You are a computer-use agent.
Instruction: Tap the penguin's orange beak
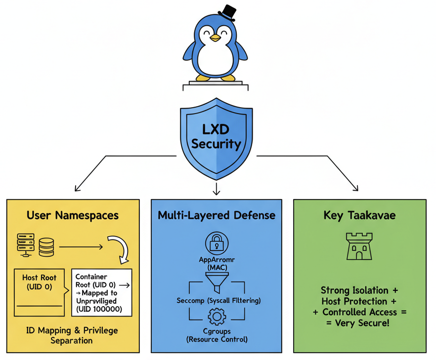click(x=215, y=38)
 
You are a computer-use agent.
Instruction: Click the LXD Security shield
click(x=216, y=138)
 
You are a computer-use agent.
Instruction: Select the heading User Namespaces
click(x=73, y=215)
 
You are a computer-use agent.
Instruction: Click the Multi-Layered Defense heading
click(x=217, y=215)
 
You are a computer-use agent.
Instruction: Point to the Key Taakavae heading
click(x=359, y=215)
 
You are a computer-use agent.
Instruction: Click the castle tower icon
click(x=359, y=246)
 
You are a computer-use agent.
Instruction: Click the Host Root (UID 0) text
click(x=40, y=282)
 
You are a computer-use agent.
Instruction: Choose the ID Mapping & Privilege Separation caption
click(x=72, y=335)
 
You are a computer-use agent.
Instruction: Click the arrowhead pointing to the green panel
click(x=355, y=188)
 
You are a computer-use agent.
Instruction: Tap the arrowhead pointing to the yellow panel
click(x=77, y=188)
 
